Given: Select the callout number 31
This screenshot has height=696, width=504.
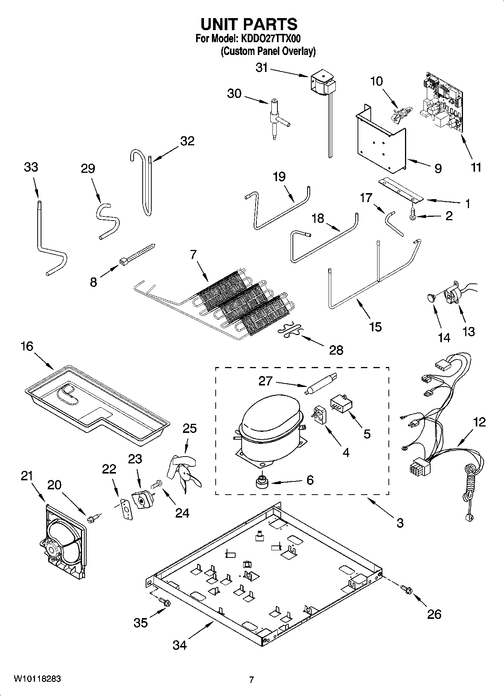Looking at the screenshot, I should [262, 68].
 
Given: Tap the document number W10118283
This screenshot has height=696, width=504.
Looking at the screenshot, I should [37, 679].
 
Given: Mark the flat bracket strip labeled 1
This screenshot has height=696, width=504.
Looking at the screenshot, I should [401, 190].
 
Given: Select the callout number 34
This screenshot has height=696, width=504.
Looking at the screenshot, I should [180, 645].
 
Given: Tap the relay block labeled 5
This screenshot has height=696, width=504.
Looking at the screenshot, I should [341, 405].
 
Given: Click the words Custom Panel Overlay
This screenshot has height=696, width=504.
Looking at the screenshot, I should [268, 51].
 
